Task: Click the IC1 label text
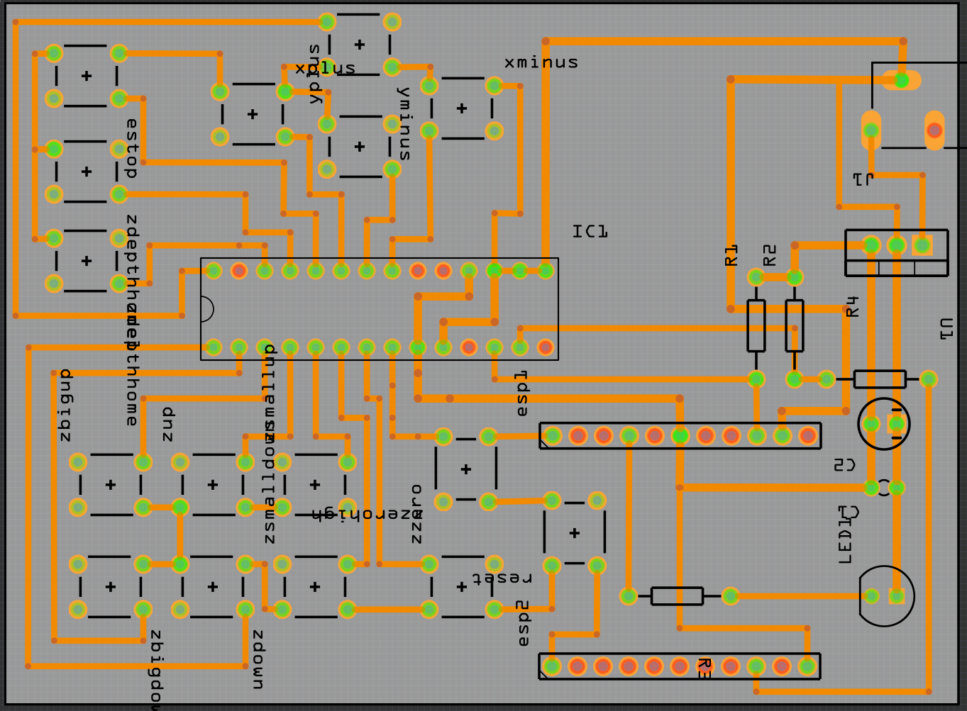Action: click(x=590, y=231)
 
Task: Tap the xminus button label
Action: click(x=541, y=63)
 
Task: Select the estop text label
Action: click(x=131, y=147)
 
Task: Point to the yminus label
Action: click(x=404, y=123)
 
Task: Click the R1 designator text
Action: click(x=731, y=255)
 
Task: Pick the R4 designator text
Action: click(x=852, y=306)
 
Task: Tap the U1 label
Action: click(x=946, y=329)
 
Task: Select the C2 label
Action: click(x=844, y=465)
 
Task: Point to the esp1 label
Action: click(x=521, y=393)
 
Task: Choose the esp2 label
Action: click(x=523, y=623)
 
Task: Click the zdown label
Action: click(x=258, y=659)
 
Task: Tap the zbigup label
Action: click(x=65, y=405)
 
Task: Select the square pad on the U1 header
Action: click(x=922, y=245)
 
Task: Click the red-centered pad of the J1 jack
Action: click(x=934, y=130)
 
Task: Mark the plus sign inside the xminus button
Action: click(x=462, y=108)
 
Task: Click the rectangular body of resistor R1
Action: click(x=756, y=325)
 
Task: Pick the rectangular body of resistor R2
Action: click(x=794, y=325)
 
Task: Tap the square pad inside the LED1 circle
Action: click(x=896, y=595)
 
